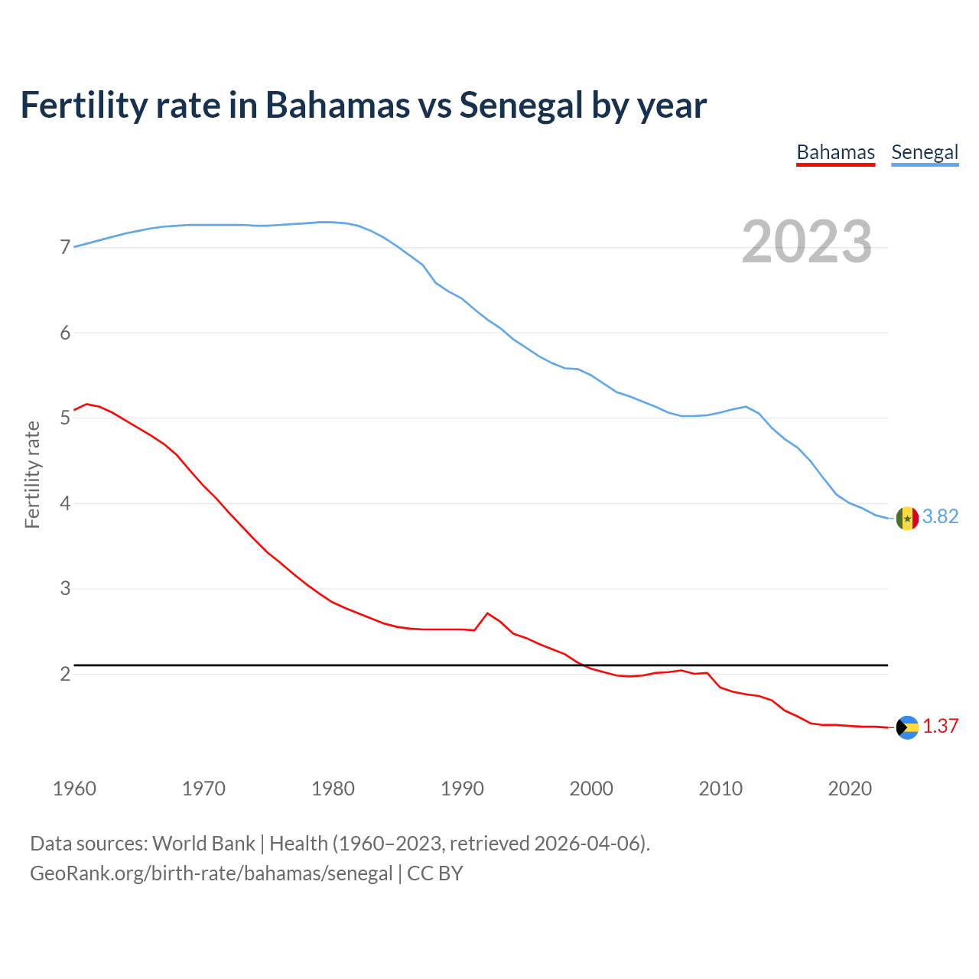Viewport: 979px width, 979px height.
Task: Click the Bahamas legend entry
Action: (835, 152)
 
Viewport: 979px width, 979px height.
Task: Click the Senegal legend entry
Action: (925, 152)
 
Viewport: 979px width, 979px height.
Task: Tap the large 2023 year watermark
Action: (807, 242)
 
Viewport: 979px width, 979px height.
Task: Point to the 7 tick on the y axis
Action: (65, 248)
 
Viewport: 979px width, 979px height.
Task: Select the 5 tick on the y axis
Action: (65, 418)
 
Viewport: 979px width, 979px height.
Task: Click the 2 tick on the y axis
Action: (65, 674)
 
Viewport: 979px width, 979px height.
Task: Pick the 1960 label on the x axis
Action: (74, 789)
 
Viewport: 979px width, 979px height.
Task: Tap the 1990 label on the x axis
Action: (462, 789)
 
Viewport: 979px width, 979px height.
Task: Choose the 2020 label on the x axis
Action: (850, 789)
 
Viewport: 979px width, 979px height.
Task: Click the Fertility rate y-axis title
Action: (32, 474)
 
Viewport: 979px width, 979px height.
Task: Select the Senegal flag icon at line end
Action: (907, 519)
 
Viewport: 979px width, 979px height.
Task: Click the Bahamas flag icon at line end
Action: (907, 727)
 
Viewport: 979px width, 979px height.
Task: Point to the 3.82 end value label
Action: (940, 517)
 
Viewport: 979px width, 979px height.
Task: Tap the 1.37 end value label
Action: (940, 727)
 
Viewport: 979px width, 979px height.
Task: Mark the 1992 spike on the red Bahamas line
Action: (487, 613)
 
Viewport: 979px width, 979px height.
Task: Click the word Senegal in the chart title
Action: (521, 105)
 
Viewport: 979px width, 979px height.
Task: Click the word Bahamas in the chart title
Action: (337, 105)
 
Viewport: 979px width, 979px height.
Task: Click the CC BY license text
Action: (434, 873)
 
